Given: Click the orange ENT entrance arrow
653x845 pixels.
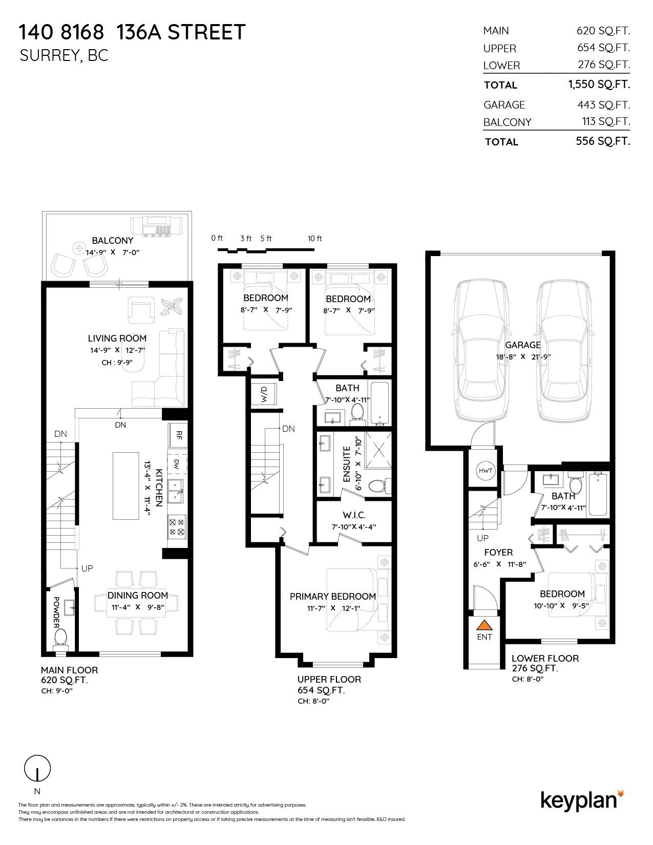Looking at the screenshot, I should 484,625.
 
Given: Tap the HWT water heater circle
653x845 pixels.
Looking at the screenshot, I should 485,471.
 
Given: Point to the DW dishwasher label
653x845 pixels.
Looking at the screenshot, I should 176,464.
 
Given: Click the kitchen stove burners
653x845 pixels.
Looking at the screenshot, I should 177,527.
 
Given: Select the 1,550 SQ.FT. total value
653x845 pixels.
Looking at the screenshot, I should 599,84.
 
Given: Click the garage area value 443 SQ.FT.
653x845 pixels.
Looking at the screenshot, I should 603,104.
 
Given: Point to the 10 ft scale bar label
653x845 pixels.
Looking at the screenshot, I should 314,239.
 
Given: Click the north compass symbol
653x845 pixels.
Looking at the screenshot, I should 37,769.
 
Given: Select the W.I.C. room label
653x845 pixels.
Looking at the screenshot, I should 354,515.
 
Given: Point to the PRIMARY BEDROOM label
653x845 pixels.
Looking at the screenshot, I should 332,596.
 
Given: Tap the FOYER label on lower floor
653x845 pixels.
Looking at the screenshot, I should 498,552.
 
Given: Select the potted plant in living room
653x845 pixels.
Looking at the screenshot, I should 171,308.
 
